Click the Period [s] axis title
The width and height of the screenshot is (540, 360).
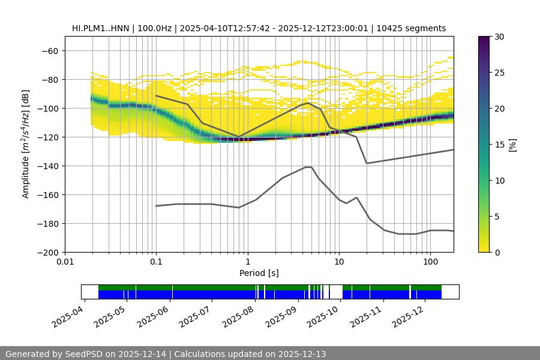[259, 274]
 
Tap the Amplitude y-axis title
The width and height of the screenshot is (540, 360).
[26, 144]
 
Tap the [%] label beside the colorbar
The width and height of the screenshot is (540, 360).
[512, 144]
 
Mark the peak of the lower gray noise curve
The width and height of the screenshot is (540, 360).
[308, 167]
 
